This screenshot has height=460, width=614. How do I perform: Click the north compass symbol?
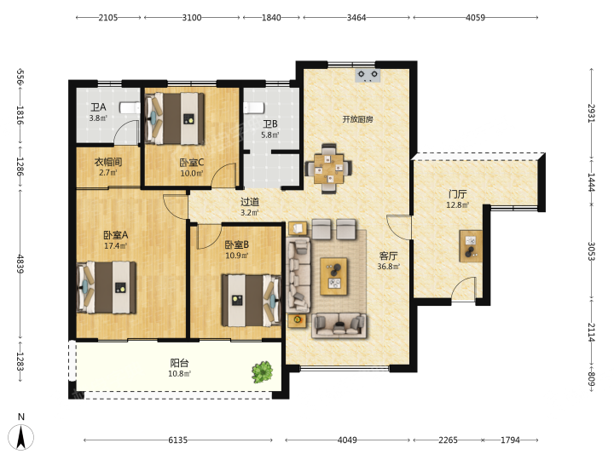pos(21,436)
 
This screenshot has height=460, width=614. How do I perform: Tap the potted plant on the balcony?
pos(263,372)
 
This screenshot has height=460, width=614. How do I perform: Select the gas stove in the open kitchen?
pos(368,75)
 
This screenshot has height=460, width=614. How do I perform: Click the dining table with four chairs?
pos(328,169)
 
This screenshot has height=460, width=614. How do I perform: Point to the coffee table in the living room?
pos(333,276)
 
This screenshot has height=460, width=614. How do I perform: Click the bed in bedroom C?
pos(174,118)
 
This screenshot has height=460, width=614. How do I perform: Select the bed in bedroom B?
pos(252,301)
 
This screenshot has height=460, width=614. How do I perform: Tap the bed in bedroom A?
pos(107,288)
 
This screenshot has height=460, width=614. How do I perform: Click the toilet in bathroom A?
pos(130,107)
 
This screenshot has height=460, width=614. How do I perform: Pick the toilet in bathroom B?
pos(253,107)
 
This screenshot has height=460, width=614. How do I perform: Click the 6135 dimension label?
pos(177,440)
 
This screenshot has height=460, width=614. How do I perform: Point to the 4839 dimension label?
pos(20,264)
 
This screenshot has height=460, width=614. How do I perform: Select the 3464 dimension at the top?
pos(356,18)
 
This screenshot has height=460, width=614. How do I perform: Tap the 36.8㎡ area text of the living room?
pos(389,267)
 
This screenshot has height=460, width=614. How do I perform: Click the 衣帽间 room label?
pos(108,162)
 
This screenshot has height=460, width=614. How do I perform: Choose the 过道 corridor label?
pos(250,202)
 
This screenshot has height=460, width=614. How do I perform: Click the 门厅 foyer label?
pos(458,194)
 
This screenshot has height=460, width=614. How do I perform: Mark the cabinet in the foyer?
pos(471,246)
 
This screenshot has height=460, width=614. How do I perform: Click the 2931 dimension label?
pos(591,113)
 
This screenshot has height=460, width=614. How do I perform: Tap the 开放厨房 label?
pos(358,119)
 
